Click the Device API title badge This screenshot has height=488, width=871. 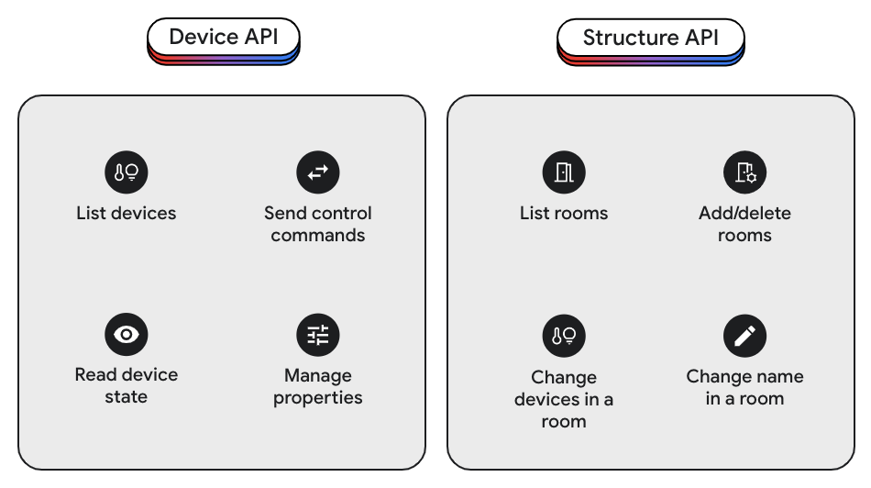click(224, 39)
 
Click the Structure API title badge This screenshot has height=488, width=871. click(650, 39)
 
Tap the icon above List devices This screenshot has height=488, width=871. click(127, 172)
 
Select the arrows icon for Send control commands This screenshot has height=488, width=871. click(318, 172)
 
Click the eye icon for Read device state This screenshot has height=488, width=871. click(127, 334)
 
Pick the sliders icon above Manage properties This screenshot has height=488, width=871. click(318, 334)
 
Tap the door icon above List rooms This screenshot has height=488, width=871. click(563, 172)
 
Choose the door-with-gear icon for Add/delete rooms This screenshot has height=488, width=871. click(744, 172)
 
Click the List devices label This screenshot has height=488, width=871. click(127, 213)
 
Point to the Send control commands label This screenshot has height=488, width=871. click(318, 224)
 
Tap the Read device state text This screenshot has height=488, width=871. click(127, 385)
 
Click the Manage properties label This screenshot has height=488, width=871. click(318, 386)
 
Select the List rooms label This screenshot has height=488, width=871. click(563, 213)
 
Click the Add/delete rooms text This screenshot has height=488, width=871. click(744, 224)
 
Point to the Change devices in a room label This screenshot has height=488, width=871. click(563, 399)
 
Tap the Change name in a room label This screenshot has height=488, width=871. click(744, 387)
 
